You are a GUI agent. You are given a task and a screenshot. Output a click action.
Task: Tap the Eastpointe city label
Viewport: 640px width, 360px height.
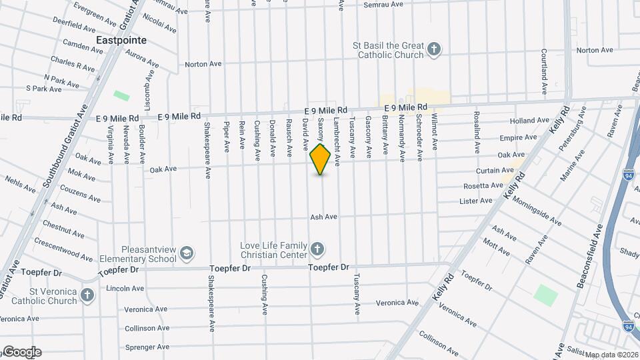point(121,40)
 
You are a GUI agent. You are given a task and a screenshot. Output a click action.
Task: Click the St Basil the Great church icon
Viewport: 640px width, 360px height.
point(434,49)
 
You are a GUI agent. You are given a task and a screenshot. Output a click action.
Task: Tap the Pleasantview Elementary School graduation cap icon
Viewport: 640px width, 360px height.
point(187,253)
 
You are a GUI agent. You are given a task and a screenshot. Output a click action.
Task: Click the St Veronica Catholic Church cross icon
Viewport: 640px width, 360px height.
point(87,295)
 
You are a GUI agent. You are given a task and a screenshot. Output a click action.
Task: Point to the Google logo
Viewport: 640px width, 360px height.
point(22,352)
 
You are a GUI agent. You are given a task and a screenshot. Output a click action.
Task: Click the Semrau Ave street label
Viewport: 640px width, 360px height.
point(383,5)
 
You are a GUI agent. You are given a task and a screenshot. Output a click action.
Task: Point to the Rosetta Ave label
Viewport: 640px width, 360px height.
point(483,185)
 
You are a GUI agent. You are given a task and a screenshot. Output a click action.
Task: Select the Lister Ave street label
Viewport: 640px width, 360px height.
point(476,201)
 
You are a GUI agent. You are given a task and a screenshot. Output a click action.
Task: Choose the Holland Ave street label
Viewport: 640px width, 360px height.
point(529,121)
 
